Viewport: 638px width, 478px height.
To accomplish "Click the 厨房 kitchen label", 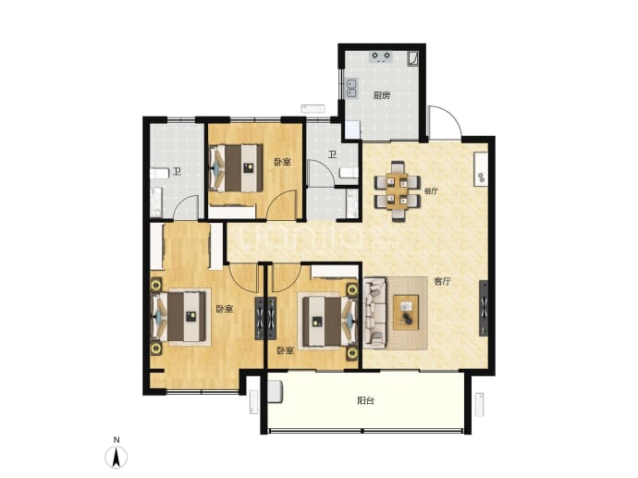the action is (x=382, y=95).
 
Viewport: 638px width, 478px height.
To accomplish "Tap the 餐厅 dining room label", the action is (x=431, y=190).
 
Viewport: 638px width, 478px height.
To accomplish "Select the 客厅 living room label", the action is (x=442, y=281).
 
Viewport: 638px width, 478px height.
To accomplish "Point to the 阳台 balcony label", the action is (x=365, y=400).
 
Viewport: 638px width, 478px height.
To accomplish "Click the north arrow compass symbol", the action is (x=117, y=457).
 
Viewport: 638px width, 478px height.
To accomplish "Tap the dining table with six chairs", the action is (x=397, y=190).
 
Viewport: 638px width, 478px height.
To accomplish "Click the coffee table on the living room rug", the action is (x=406, y=312).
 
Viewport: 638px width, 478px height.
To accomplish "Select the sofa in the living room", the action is (x=374, y=313).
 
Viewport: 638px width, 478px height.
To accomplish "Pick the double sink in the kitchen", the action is (x=351, y=88).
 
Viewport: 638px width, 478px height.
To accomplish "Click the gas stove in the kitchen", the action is (x=381, y=56).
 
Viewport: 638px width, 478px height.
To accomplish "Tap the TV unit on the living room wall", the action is (x=484, y=309).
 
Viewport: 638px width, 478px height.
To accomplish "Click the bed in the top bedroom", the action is (x=236, y=168).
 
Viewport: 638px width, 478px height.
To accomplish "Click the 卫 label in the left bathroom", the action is (x=177, y=171).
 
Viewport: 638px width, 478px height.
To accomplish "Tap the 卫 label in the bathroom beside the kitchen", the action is (x=333, y=154).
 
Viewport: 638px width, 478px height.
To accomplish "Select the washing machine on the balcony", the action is (x=275, y=392).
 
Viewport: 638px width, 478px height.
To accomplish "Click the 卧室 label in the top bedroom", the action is (x=282, y=162).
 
